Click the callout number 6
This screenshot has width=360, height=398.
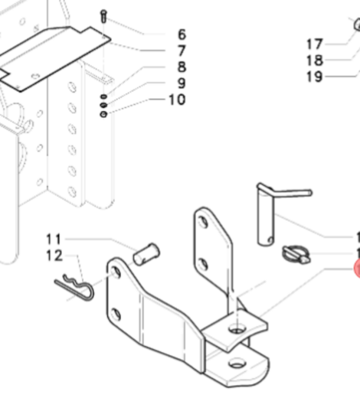tap(181, 34)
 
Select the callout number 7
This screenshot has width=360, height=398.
tap(181, 51)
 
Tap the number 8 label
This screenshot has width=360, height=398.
tap(181, 67)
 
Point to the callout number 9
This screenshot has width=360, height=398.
tap(181, 83)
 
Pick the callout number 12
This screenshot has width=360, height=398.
tap(54, 255)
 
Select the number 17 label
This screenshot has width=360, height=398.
tap(315, 44)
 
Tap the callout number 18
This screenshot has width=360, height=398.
tap(315, 60)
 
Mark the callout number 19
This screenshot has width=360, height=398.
tap(315, 77)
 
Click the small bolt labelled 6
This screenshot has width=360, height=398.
tap(103, 16)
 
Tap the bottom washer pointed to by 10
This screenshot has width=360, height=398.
tap(103, 115)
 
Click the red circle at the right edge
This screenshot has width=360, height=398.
tap(356, 269)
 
